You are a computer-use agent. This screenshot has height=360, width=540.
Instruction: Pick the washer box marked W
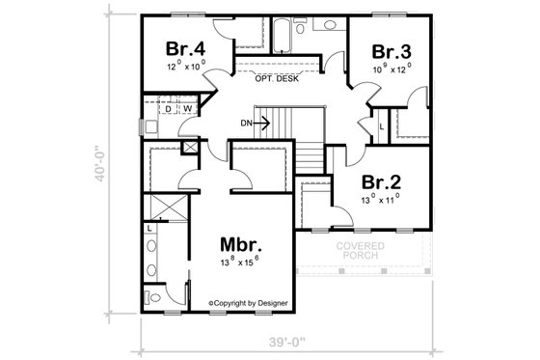point(188,108)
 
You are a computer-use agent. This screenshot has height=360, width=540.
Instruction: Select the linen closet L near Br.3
point(382,125)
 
